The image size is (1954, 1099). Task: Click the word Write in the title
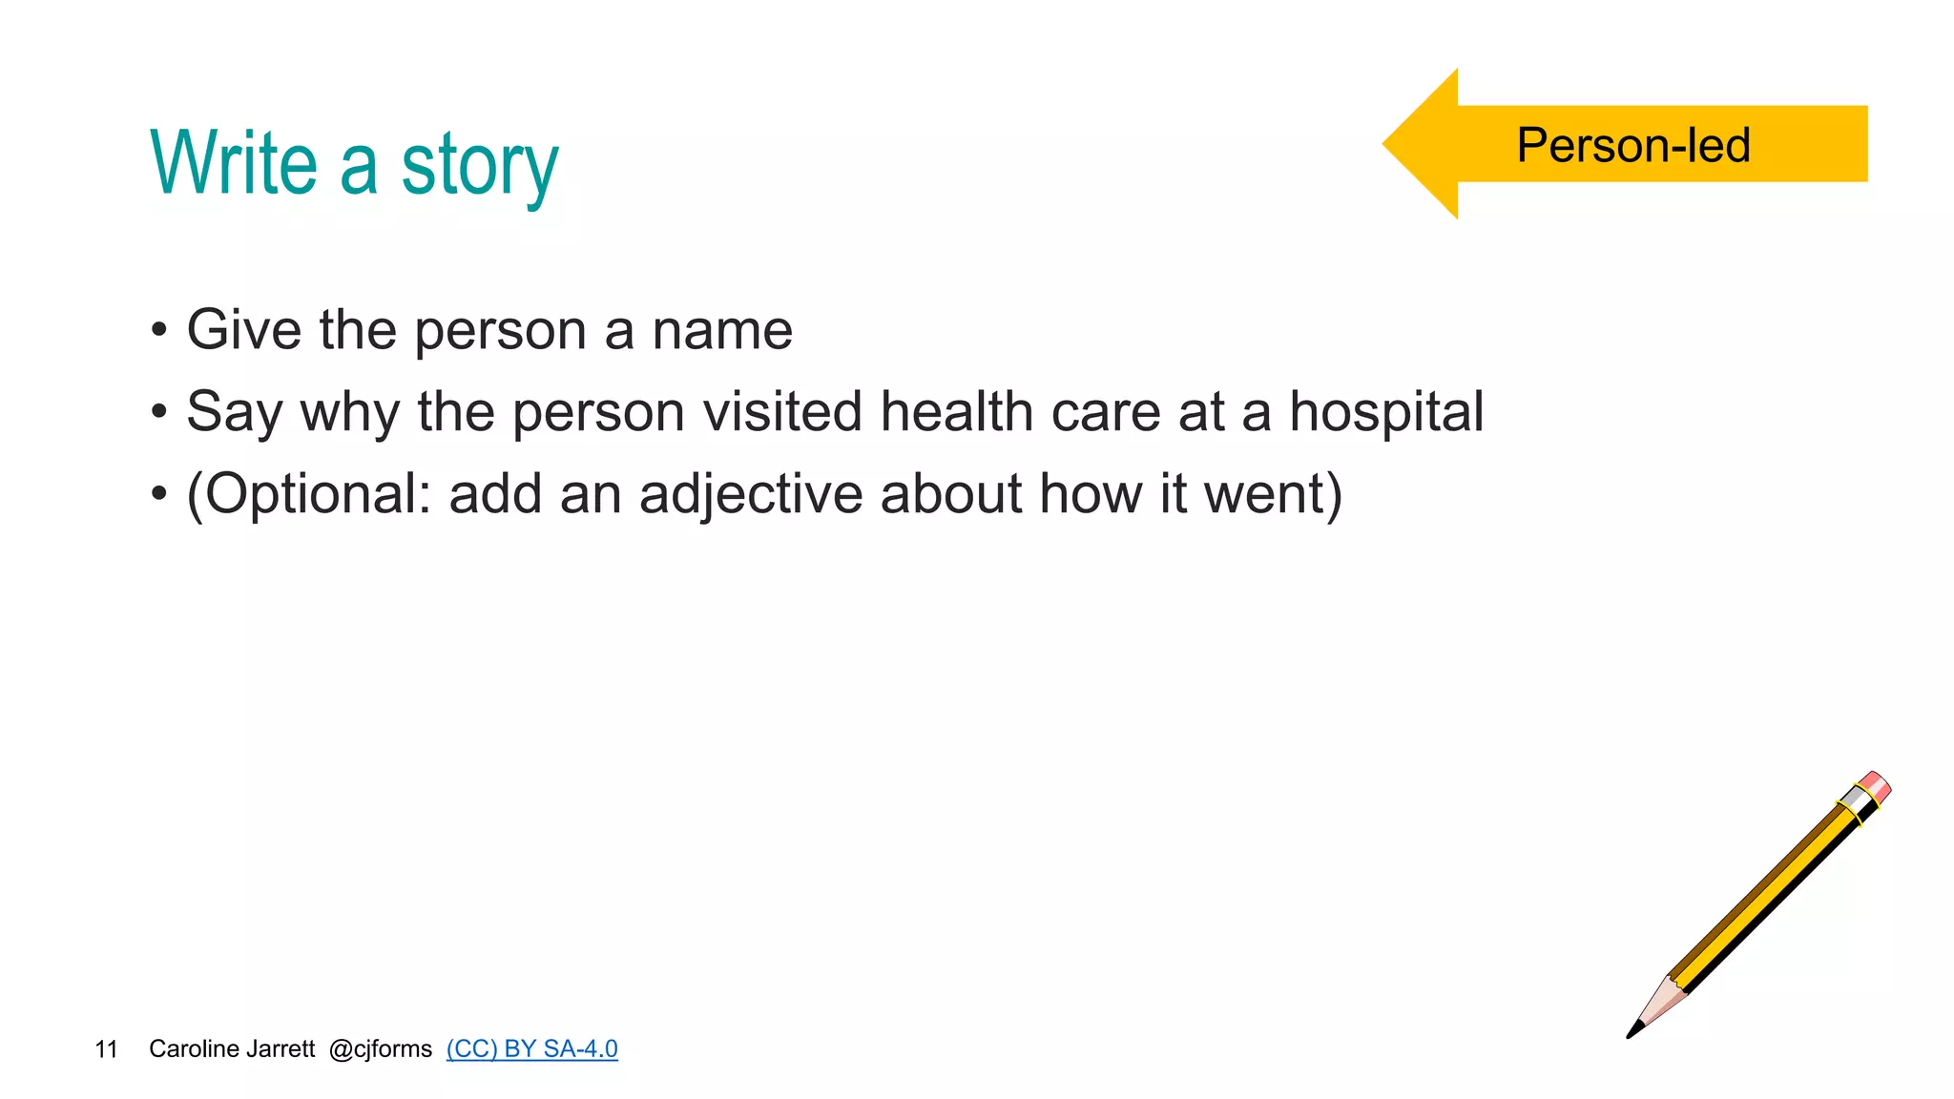pyautogui.click(x=234, y=164)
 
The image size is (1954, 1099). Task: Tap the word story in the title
pyautogui.click(x=479, y=168)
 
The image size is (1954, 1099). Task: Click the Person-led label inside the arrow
pyautogui.click(x=1632, y=146)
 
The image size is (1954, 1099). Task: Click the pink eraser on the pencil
pyautogui.click(x=1875, y=788)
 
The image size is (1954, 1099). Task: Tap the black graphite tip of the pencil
pyautogui.click(x=1634, y=1030)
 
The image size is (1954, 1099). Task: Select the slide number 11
pyautogui.click(x=106, y=1049)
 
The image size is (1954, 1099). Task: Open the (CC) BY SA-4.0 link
pyautogui.click(x=531, y=1048)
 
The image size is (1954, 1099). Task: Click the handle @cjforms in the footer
pyautogui.click(x=380, y=1048)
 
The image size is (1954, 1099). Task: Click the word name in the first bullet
pyautogui.click(x=721, y=330)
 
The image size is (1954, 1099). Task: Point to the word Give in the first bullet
pyautogui.click(x=243, y=330)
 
